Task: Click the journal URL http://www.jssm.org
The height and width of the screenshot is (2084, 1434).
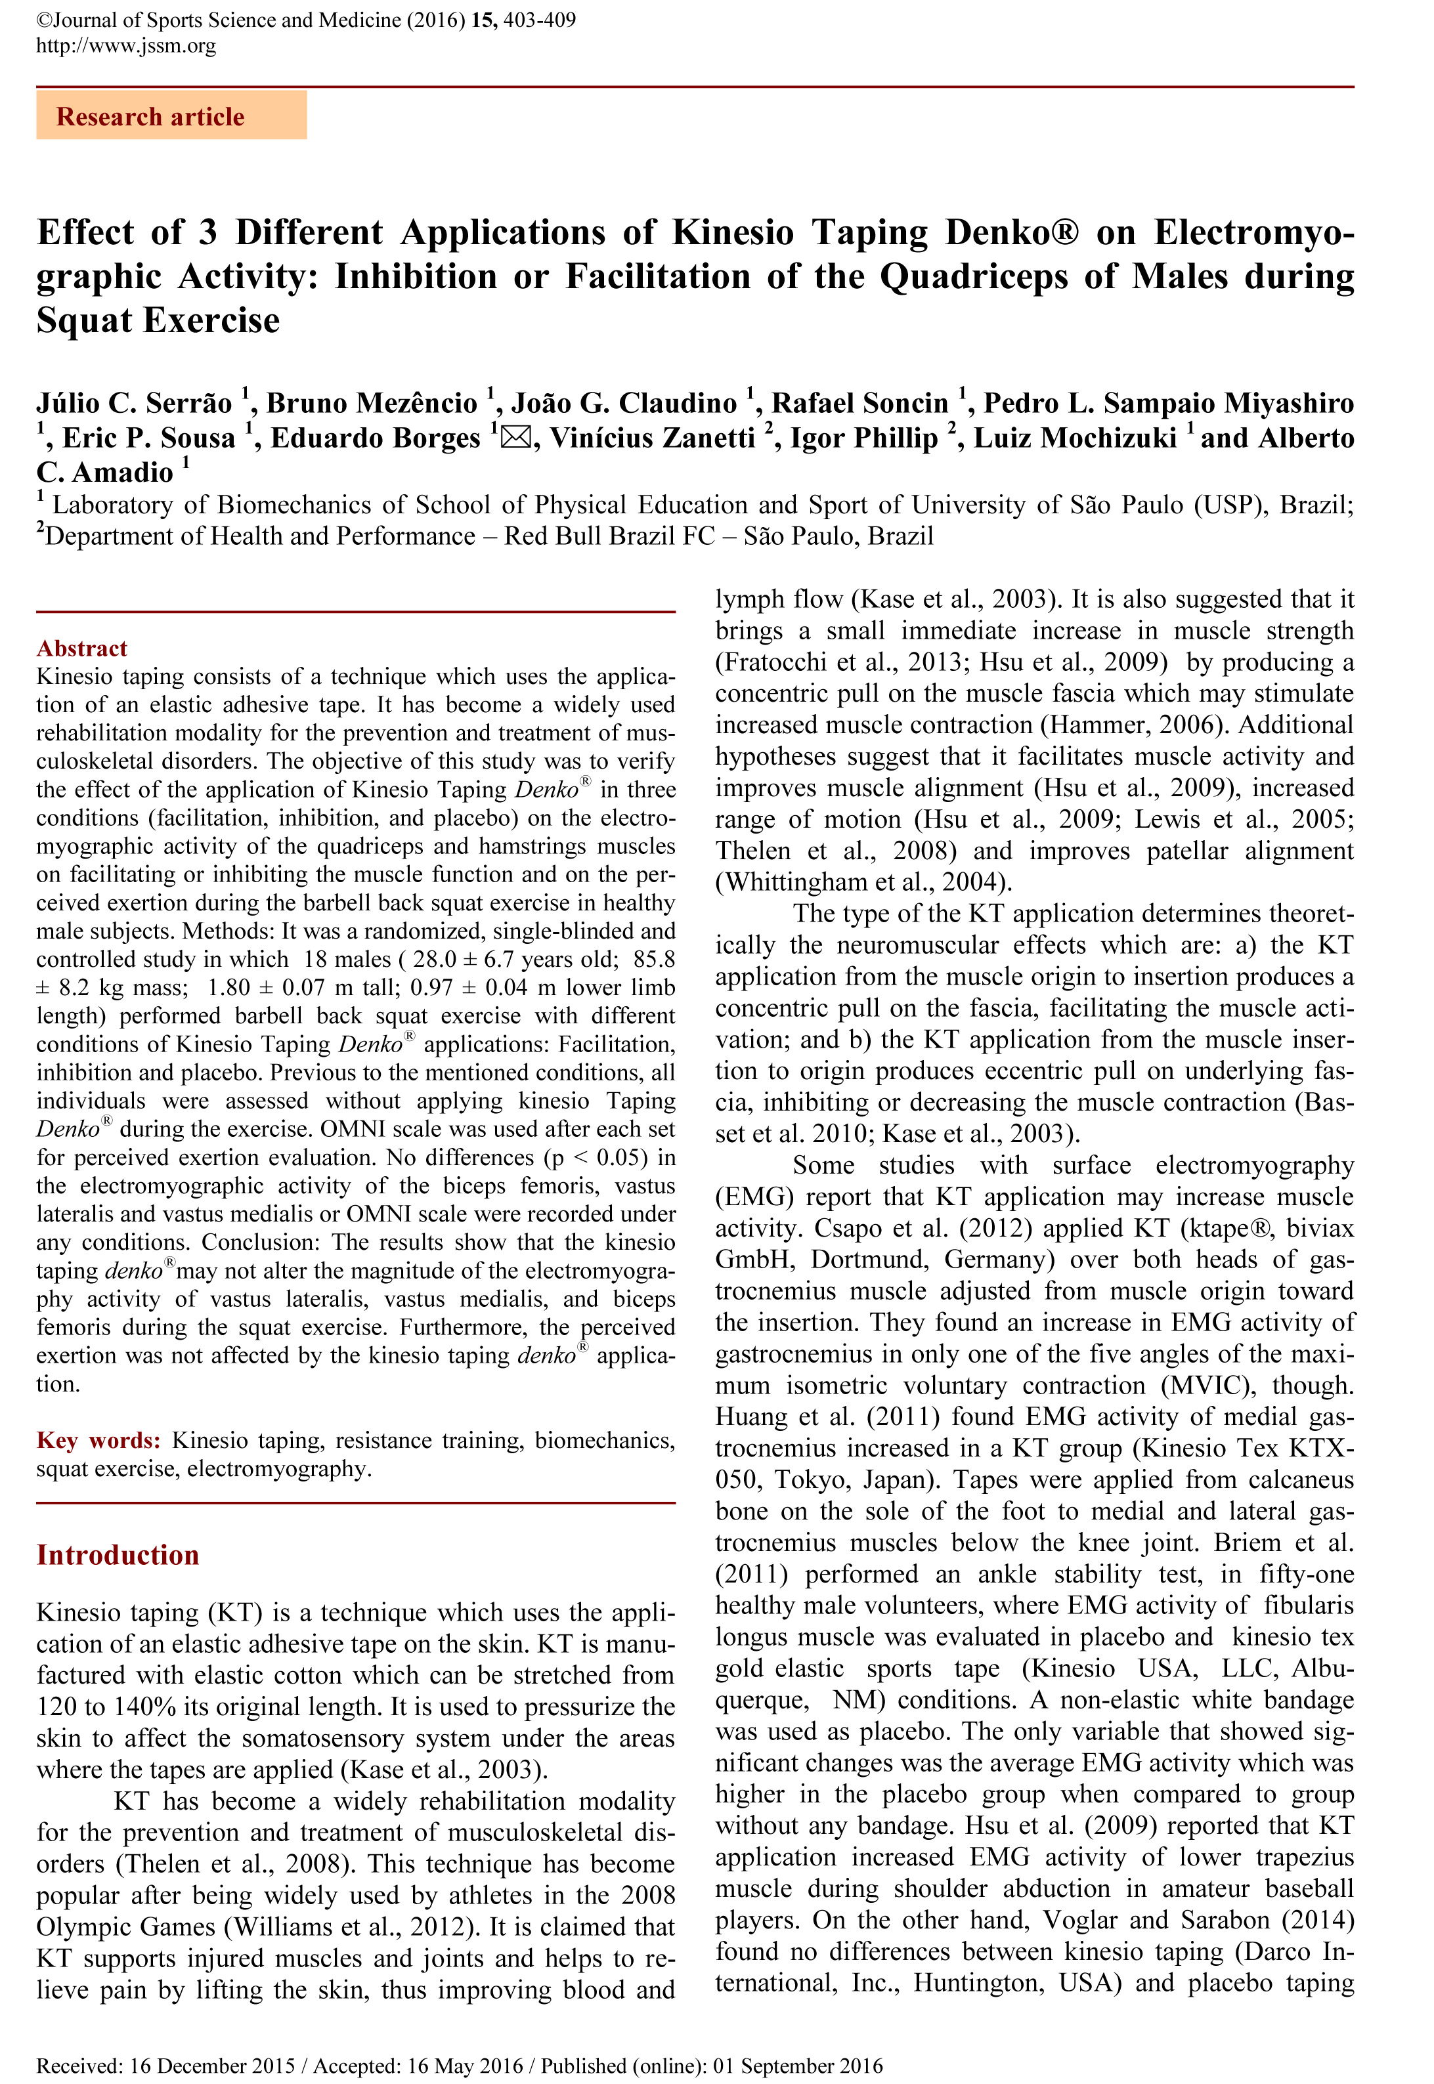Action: (x=126, y=46)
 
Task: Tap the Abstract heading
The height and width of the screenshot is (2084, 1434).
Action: (x=82, y=649)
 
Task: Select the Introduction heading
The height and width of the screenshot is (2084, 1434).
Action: (x=118, y=1555)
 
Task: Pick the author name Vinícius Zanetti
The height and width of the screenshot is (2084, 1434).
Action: (x=652, y=438)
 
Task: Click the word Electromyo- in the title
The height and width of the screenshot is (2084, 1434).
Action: (x=1253, y=232)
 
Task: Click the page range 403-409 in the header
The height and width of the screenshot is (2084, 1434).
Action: (x=540, y=20)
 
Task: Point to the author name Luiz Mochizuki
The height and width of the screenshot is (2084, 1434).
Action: (x=1075, y=438)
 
